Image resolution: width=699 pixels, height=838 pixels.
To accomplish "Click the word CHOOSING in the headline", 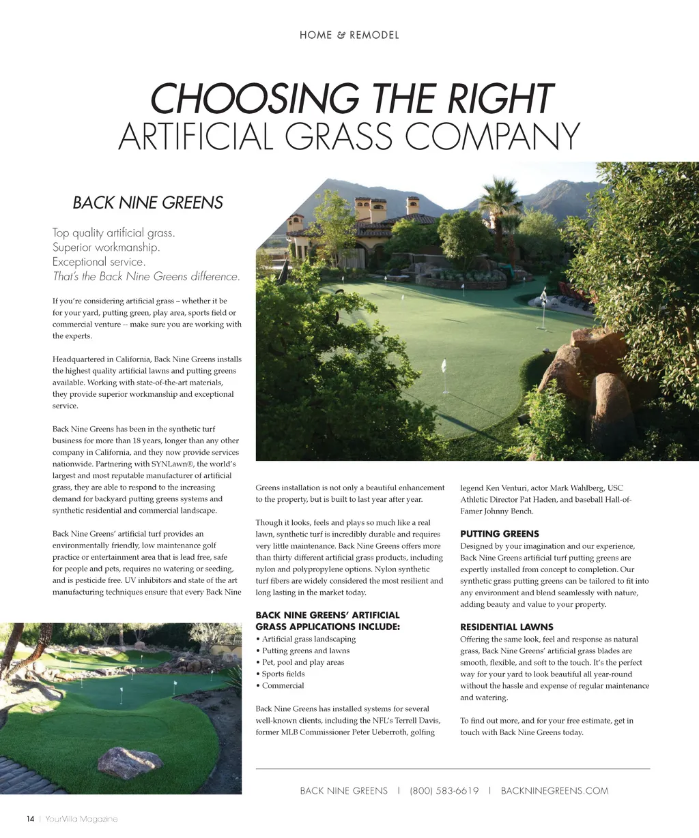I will pos(254,99).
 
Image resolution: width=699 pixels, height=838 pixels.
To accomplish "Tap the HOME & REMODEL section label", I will pos(349,35).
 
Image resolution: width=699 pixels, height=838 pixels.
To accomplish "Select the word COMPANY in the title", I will pos(492,136).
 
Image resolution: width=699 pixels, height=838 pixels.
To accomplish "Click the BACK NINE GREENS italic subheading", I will pos(147,203).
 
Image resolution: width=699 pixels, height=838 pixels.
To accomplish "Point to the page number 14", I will pos(30,819).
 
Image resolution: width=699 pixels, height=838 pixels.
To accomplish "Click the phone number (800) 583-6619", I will pos(444,791).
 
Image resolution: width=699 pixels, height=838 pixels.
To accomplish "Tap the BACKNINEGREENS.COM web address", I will pos(554,791).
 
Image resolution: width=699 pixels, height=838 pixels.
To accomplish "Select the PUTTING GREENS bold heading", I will pos(499,534).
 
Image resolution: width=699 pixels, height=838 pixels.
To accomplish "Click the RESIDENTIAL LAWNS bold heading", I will pos(507,627).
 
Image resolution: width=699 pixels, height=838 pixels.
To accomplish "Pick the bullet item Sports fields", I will pos(283,674).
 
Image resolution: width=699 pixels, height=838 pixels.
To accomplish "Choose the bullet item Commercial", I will pos(283,685).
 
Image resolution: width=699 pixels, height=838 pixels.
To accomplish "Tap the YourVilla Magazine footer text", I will pos(81,819).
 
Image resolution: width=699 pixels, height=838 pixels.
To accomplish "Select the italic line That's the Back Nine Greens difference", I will pos(146,277).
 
